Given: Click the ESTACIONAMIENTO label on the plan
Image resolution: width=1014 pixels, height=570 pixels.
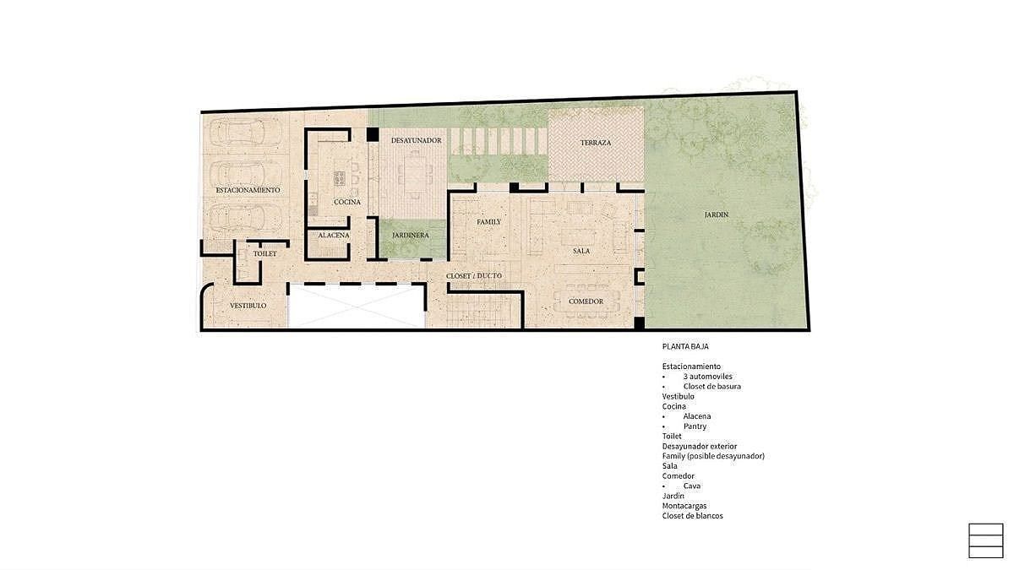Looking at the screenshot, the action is (x=248, y=191).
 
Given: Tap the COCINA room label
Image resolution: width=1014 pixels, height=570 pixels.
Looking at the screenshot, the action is (x=347, y=202).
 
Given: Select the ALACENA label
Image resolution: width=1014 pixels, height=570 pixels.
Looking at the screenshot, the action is (x=334, y=236).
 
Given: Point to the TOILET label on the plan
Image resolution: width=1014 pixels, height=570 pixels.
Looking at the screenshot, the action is (x=264, y=254).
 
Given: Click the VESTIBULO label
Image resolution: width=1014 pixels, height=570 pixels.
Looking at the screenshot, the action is (x=248, y=306).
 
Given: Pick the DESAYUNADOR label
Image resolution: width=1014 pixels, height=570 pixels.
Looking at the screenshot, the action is (x=416, y=141).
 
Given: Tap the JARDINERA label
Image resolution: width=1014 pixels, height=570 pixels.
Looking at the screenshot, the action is (x=410, y=236).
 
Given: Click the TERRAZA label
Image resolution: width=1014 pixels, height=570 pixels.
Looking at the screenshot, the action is (x=596, y=143).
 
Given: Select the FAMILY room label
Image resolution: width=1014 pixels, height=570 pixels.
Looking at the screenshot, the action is (x=489, y=222).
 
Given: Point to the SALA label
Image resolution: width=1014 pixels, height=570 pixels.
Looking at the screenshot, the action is (x=581, y=251).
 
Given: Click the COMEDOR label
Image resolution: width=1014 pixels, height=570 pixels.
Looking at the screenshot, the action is (x=586, y=301).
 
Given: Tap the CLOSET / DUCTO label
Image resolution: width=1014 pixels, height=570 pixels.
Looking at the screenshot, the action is (x=474, y=276).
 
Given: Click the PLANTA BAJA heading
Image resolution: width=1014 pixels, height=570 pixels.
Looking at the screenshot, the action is (x=685, y=346).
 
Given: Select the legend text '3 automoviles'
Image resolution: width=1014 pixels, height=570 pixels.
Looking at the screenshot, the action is (x=707, y=377).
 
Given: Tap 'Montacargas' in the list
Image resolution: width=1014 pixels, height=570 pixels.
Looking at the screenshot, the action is (x=684, y=506).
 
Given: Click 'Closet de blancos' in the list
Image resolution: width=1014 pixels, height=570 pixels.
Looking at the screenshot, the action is (x=693, y=516).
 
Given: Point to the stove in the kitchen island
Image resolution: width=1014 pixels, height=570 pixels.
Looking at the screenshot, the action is (x=340, y=178).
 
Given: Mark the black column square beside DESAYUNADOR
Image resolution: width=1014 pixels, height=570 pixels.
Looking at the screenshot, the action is (x=373, y=134).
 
